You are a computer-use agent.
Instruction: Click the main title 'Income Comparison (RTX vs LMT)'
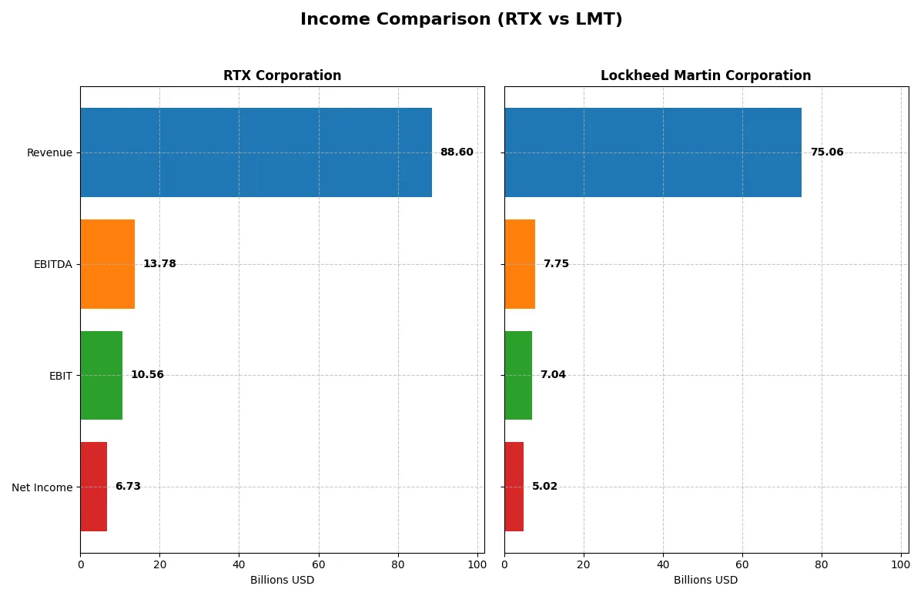click(461, 20)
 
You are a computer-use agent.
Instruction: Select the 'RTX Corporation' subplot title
click(282, 75)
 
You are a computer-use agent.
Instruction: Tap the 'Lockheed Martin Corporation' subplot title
click(705, 75)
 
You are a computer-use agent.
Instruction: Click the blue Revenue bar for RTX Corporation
click(256, 152)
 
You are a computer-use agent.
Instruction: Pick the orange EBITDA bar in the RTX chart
click(107, 264)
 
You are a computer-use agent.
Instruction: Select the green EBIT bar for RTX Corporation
click(101, 375)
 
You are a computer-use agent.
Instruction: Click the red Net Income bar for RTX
click(93, 487)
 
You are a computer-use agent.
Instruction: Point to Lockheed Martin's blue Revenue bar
click(653, 152)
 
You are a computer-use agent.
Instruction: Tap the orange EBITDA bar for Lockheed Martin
click(520, 264)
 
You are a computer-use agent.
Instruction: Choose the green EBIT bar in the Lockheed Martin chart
click(518, 375)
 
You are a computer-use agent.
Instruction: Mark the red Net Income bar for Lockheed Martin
click(514, 487)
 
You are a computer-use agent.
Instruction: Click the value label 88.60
click(457, 152)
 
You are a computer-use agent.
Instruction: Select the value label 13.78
click(159, 264)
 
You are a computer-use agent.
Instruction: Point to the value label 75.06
click(827, 152)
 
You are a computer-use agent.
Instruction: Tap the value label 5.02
click(544, 487)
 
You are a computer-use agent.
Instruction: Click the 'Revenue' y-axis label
click(49, 153)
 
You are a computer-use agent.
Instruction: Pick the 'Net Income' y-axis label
click(42, 487)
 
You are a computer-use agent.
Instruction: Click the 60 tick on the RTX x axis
click(319, 564)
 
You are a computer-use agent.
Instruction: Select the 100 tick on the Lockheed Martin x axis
click(900, 564)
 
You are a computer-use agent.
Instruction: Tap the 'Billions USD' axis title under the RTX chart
click(282, 581)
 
